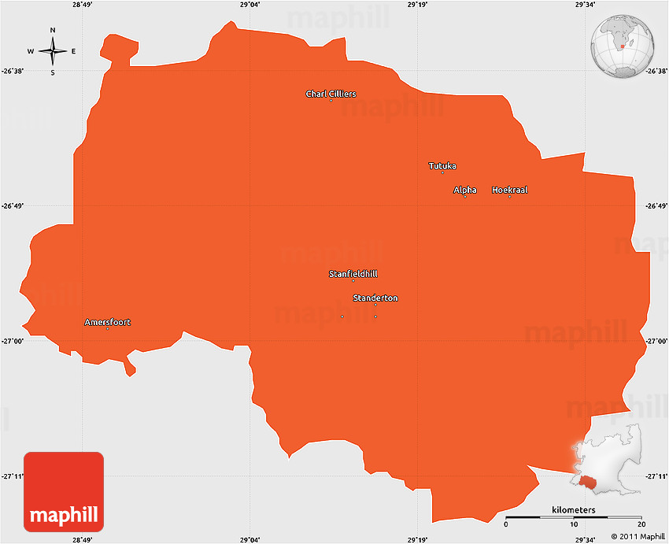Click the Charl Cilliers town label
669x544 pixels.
point(331,94)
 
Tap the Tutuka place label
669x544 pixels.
point(442,166)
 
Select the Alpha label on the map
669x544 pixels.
point(465,191)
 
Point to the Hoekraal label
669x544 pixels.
point(509,191)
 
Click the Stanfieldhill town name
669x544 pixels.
point(353,274)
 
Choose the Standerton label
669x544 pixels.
point(375,298)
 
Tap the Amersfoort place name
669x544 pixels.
point(108,322)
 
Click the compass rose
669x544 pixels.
point(53,52)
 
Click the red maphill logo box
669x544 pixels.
point(64,491)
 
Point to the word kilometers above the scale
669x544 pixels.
point(574,510)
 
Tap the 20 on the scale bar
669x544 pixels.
point(641,525)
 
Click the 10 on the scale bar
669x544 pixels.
point(574,525)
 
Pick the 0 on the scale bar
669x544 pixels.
point(506,525)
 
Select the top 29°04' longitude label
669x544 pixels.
point(250,5)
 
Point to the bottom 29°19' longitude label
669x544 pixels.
point(418,539)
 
